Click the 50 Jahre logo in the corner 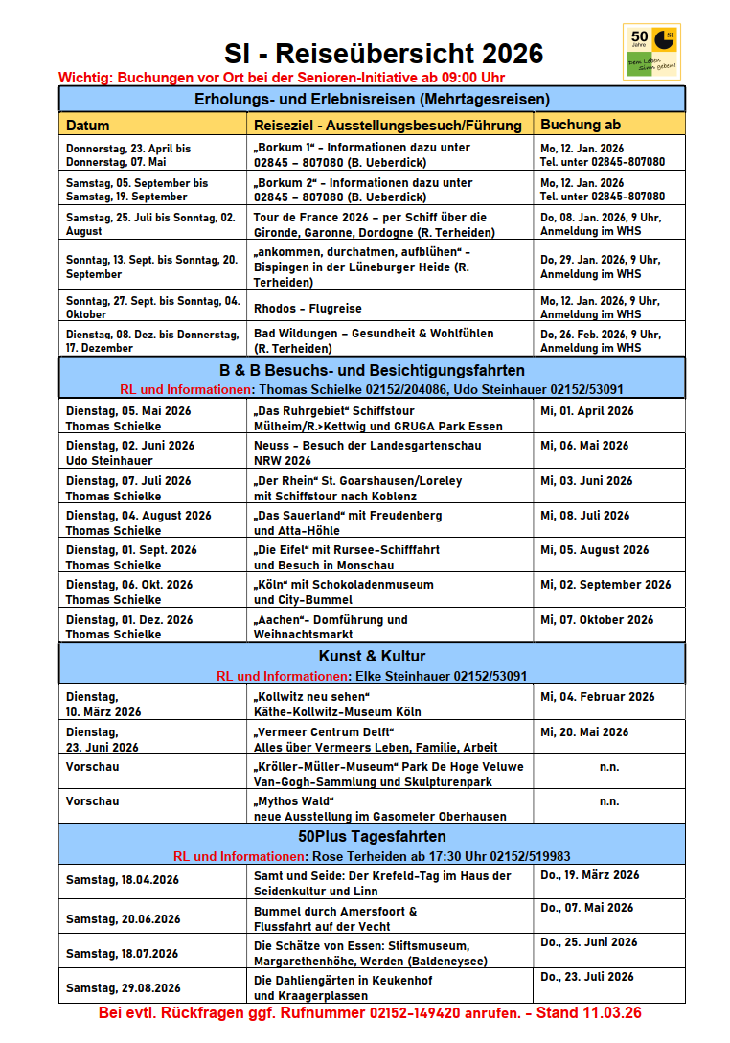(651, 52)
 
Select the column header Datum (88, 125)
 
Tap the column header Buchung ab (581, 125)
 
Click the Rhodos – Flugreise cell (308, 309)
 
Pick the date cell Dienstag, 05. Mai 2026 (128, 410)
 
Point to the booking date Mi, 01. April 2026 (586, 411)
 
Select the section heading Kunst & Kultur (372, 657)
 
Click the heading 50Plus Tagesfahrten (372, 837)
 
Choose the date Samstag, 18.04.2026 (123, 880)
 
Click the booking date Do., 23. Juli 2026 (586, 977)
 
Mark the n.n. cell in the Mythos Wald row (608, 801)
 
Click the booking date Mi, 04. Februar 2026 (598, 697)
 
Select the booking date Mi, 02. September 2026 (605, 584)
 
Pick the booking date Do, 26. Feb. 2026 (600, 335)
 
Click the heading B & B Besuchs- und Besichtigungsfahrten (372, 370)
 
